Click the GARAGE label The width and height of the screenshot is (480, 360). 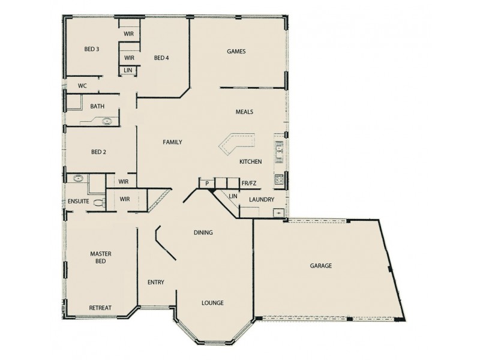[x=321, y=265]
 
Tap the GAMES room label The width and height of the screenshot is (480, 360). [x=236, y=52]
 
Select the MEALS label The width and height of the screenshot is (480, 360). [x=244, y=112]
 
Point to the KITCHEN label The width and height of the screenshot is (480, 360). [x=250, y=162]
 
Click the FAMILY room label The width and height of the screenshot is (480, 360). [x=172, y=142]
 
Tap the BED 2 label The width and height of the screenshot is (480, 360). [x=98, y=152]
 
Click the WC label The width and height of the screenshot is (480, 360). [x=82, y=86]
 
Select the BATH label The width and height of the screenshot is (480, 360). [x=97, y=106]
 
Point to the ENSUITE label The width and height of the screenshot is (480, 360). [x=79, y=202]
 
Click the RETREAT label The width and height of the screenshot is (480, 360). [x=100, y=308]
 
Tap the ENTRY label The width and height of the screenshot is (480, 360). [x=156, y=283]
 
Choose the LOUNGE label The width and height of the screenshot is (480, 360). [x=212, y=303]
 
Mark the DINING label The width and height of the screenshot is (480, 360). [x=203, y=233]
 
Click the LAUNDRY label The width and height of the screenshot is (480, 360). [x=262, y=200]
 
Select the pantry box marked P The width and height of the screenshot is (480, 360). [x=206, y=182]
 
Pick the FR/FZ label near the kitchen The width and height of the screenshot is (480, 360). [x=248, y=182]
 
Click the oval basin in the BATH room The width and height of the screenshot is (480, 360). [x=108, y=121]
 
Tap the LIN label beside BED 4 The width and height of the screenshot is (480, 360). [x=128, y=70]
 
